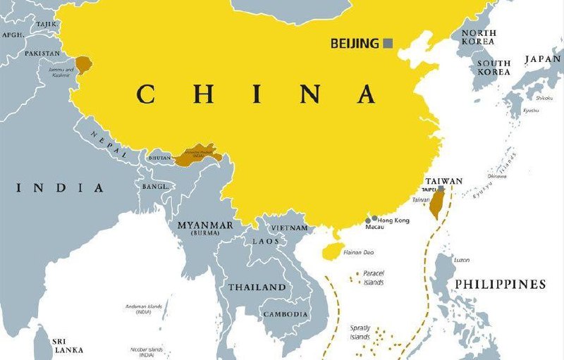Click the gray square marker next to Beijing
point(388,44)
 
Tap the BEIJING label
point(355,44)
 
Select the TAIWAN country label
point(443,181)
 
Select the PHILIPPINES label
point(500,285)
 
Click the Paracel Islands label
point(374,278)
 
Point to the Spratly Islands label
point(360,333)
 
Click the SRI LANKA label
point(68,345)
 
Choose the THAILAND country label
point(257,287)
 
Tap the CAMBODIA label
point(285,314)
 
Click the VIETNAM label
point(290,228)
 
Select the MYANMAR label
point(204,225)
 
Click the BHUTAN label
point(159,159)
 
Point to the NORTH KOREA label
point(478,37)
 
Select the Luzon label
point(462,260)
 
